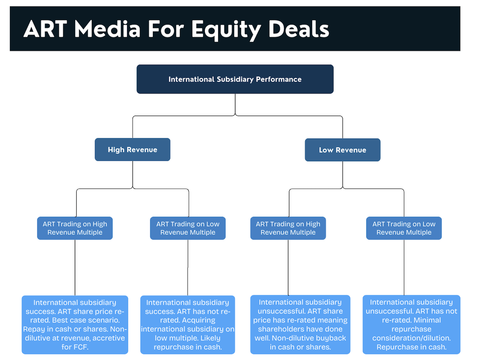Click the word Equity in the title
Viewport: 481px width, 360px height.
coord(226,30)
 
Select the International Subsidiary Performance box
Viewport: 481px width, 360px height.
coord(235,79)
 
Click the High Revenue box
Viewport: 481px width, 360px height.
coord(133,150)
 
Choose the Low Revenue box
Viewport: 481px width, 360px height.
coord(342,150)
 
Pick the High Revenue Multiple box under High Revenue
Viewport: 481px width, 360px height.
coord(75,228)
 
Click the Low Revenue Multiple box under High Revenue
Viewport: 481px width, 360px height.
coord(188,228)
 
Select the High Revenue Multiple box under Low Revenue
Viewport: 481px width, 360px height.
coord(288,228)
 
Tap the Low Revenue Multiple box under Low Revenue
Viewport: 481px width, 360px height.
coord(404,228)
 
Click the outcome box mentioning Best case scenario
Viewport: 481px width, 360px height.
coord(75,325)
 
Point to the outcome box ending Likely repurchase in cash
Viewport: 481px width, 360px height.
coord(188,325)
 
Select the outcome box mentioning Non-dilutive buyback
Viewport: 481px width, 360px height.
coord(300,325)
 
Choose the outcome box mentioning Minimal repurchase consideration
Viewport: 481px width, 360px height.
coord(411,325)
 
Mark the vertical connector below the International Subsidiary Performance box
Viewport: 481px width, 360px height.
coord(235,104)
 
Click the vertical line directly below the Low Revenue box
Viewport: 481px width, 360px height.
coord(343,174)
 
